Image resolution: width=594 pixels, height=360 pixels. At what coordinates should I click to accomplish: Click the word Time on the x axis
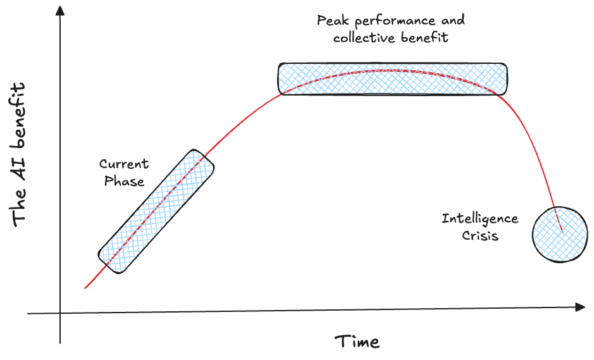pos(357,342)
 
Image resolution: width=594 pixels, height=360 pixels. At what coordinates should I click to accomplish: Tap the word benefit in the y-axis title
pos(20,113)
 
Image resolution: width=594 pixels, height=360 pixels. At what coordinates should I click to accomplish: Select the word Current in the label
pos(124,164)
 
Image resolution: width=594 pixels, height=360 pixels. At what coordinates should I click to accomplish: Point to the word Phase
pos(124,182)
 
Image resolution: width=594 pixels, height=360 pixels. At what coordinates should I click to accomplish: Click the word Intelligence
pos(480,219)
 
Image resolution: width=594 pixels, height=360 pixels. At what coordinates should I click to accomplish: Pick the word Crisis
pos(480,236)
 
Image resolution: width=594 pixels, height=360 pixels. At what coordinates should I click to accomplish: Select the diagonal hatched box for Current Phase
pos(156,211)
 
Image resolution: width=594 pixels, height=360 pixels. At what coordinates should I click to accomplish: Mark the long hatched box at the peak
pos(392,78)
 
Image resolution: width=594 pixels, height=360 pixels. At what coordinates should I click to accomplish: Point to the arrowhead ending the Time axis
pos(580,307)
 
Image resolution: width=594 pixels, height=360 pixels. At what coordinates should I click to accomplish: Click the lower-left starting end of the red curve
pos(85,288)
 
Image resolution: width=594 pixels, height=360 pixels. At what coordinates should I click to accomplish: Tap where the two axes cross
pos(61,313)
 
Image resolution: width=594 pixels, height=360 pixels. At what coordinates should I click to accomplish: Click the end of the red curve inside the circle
pos(562,232)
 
